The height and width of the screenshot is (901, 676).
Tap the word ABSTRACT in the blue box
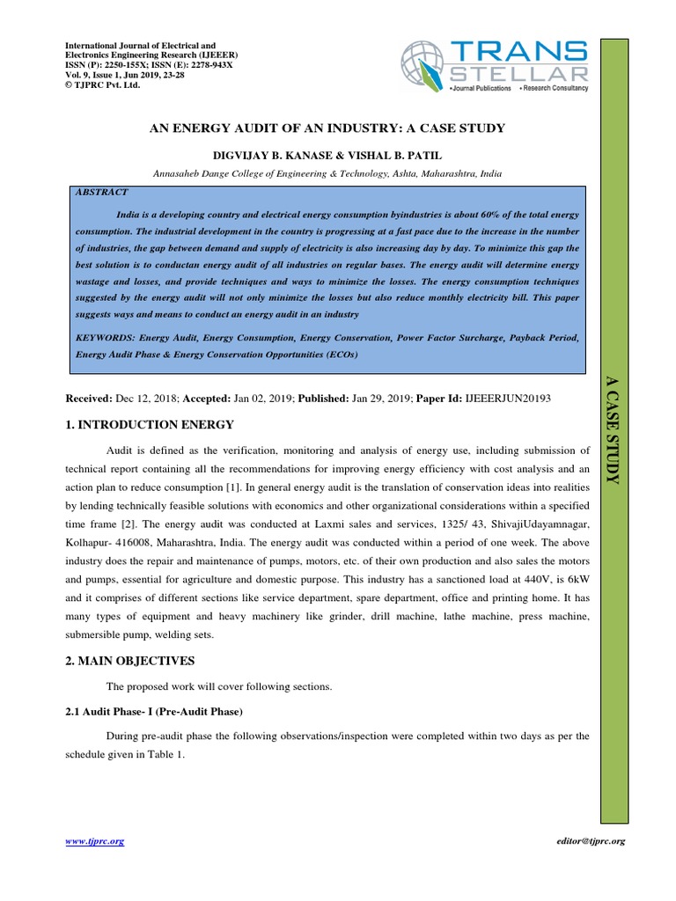click(x=102, y=192)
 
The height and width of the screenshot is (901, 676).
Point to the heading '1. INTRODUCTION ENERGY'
click(x=150, y=425)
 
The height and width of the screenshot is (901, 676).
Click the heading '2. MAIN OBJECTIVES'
click(x=131, y=660)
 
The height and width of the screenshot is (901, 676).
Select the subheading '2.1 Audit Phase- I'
click(x=154, y=709)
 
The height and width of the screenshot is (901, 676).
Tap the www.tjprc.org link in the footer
click(x=95, y=841)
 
